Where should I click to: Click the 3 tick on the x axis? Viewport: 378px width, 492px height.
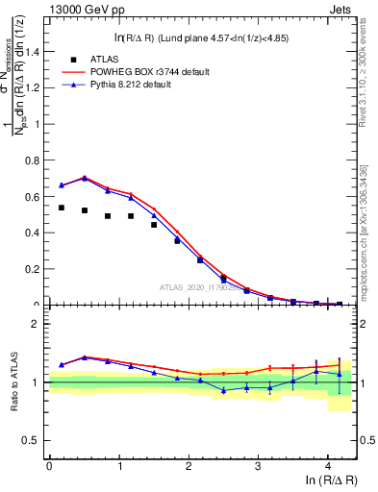coord(258,466)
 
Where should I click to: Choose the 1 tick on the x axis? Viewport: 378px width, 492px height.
coord(118,466)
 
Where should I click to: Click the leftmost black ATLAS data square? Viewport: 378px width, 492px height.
coord(62,208)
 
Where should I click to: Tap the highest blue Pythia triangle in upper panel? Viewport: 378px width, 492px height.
coord(85,179)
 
